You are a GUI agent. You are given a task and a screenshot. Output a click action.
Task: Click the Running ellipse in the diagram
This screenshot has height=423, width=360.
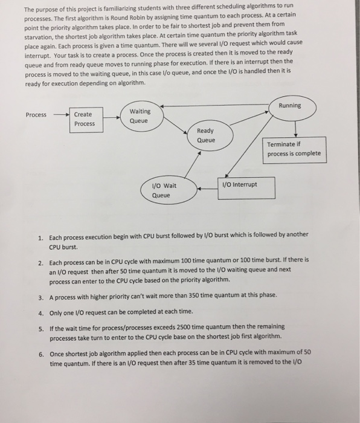[x=290, y=106]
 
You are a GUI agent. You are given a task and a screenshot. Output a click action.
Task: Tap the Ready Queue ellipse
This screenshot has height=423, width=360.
[x=205, y=136]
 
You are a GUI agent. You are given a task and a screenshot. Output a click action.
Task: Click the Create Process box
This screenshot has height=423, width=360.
[x=84, y=119]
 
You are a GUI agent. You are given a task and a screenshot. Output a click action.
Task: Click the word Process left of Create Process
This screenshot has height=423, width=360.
[x=36, y=115]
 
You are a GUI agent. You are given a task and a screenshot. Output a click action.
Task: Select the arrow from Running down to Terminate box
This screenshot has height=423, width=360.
[x=295, y=129]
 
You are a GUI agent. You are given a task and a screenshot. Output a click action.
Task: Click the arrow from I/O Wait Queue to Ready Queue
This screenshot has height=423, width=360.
[x=193, y=164]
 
